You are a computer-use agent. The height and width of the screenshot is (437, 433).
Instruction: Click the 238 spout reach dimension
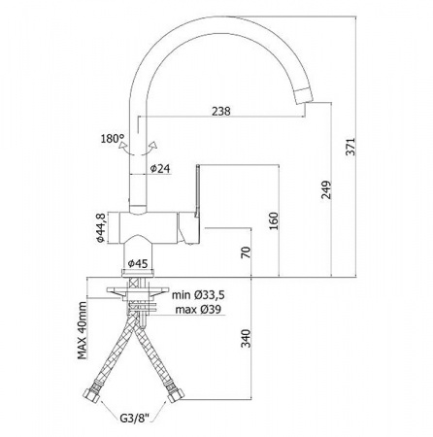tap(221, 111)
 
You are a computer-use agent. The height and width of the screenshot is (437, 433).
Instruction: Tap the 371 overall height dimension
tap(350, 147)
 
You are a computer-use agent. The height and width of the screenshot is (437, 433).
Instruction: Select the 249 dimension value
tap(326, 189)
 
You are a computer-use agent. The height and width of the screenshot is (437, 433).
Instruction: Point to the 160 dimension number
tap(274, 220)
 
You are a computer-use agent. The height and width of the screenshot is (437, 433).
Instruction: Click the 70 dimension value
tap(246, 252)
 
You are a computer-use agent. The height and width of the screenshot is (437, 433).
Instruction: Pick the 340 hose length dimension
tap(247, 338)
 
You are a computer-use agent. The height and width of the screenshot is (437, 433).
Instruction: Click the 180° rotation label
tap(113, 139)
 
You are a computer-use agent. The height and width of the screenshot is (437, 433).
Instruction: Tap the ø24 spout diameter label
tap(160, 168)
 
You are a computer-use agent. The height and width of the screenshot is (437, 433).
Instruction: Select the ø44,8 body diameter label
tap(100, 227)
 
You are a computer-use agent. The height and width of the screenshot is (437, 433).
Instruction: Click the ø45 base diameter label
tap(138, 263)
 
